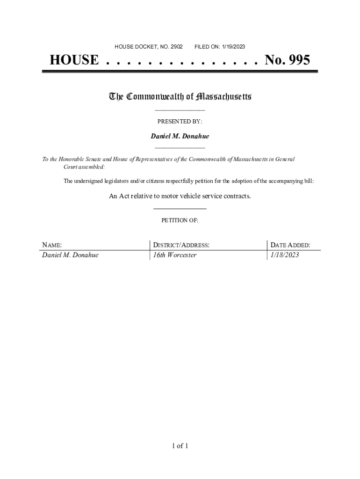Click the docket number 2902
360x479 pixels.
tap(176, 47)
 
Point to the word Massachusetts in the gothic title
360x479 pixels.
tap(224, 97)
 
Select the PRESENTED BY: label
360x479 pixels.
tap(180, 122)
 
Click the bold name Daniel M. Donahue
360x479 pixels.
tap(180, 136)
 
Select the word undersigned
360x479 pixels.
tap(90, 181)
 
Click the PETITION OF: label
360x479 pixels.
tap(180, 220)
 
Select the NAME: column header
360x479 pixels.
tap(52, 245)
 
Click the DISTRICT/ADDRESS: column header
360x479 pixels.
tap(181, 245)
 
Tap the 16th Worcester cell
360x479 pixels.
tap(175, 255)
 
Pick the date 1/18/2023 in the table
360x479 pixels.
tap(284, 255)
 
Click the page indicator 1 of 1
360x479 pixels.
tap(180, 446)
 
